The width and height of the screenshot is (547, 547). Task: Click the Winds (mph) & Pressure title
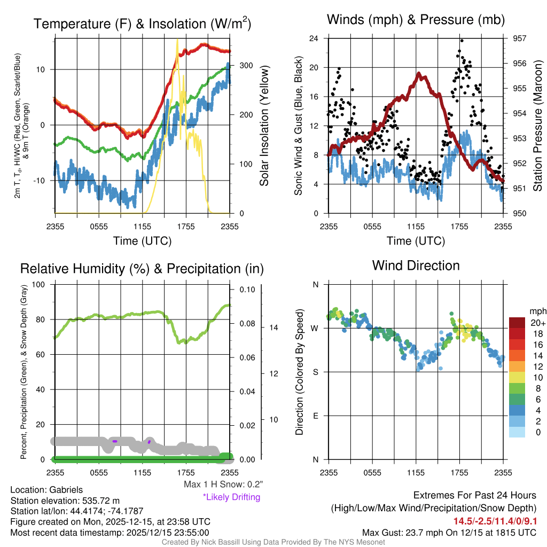point(416,20)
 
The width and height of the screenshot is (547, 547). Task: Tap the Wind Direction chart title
point(416,265)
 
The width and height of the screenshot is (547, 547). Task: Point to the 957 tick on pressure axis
point(519,38)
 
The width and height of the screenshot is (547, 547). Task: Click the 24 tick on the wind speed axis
point(314,38)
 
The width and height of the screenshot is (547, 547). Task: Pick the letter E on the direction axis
point(315,416)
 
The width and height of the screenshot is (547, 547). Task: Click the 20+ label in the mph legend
point(537,323)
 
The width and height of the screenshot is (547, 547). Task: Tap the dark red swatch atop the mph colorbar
point(519,323)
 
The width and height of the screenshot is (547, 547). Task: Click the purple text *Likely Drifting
point(231,497)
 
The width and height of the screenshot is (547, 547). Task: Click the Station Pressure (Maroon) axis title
point(538,126)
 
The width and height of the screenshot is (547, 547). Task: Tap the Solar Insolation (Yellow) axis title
point(264,126)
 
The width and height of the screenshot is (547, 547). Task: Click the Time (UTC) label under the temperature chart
point(142,241)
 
